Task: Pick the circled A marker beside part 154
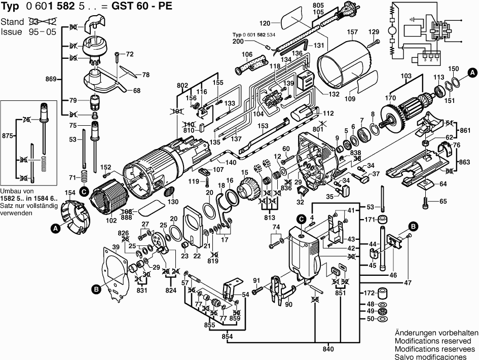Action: pyautogui.click(x=55, y=229)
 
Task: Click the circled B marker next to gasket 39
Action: pyautogui.click(x=96, y=289)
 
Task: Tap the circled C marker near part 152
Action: pyautogui.click(x=84, y=191)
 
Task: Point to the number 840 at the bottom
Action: pyautogui.click(x=328, y=348)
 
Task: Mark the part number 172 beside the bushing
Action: pyautogui.click(x=370, y=294)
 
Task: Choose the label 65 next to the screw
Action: pyautogui.click(x=444, y=201)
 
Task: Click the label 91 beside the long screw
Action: pyautogui.click(x=256, y=280)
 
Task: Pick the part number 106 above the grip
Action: pyautogui.click(x=247, y=54)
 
